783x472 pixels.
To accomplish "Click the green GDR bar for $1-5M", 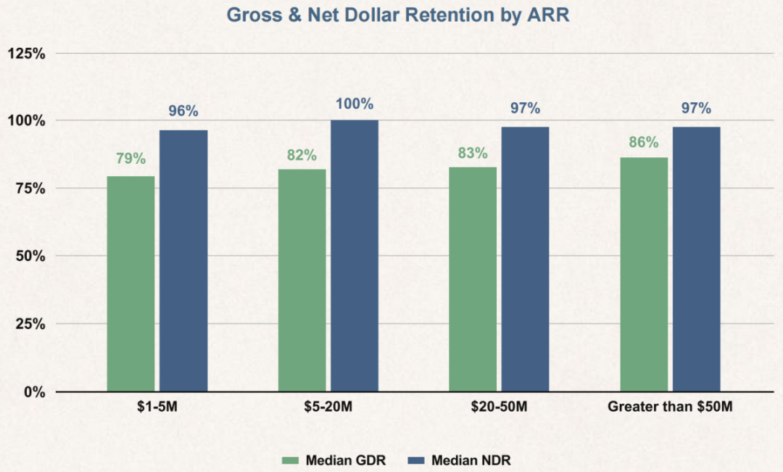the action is pyautogui.click(x=130, y=283).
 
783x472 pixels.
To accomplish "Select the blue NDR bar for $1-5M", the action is pyautogui.click(x=183, y=261).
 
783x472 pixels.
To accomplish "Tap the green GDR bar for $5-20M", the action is pyautogui.click(x=302, y=280).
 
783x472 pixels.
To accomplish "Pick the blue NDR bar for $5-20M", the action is pyautogui.click(x=355, y=256).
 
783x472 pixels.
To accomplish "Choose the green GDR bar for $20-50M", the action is pyautogui.click(x=473, y=279).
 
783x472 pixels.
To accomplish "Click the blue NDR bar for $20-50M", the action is pyautogui.click(x=526, y=260).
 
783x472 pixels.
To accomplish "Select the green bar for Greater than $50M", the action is pyautogui.click(x=644, y=275).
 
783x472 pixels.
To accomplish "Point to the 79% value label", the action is pyautogui.click(x=130, y=159).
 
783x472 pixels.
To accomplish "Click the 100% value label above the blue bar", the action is pyautogui.click(x=355, y=104).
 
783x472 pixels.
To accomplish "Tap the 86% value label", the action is pyautogui.click(x=644, y=142).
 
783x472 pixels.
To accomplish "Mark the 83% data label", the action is pyautogui.click(x=473, y=153).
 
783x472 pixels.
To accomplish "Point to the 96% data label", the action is pyautogui.click(x=183, y=111).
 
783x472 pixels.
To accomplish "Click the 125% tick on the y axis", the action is pyautogui.click(x=27, y=54).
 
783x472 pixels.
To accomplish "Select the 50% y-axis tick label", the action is pyautogui.click(x=30, y=256).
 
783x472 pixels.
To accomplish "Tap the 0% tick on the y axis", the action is pyautogui.click(x=35, y=392).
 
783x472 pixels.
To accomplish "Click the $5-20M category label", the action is pyautogui.click(x=328, y=407).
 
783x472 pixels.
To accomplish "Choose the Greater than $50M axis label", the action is pyautogui.click(x=670, y=407).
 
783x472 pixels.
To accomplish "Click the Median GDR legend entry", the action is pyautogui.click(x=333, y=460).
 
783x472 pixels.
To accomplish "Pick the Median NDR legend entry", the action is pyautogui.click(x=460, y=460).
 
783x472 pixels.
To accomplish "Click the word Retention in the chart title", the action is pyautogui.click(x=449, y=15).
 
